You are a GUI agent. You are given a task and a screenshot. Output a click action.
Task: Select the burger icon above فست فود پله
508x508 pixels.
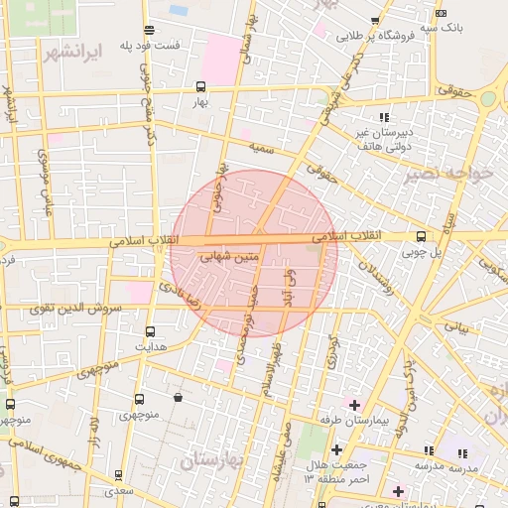[149, 30]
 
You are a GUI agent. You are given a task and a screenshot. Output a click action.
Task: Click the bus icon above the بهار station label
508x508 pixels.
[201, 86]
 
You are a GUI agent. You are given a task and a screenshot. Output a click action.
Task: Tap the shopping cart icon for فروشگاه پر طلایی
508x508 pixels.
[374, 20]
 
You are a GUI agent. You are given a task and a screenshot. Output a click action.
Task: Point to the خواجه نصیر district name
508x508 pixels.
[448, 172]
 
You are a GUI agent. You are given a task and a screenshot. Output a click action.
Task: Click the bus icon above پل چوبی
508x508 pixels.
[421, 236]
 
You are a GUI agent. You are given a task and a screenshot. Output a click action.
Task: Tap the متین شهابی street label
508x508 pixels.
[229, 257]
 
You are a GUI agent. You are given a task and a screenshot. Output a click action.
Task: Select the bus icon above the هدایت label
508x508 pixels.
[151, 331]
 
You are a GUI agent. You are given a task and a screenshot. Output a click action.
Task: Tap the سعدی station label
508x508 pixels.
[120, 490]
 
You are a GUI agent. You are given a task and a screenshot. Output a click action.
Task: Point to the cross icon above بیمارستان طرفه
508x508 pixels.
[354, 404]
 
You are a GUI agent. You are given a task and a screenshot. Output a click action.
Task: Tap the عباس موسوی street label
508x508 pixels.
[45, 183]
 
